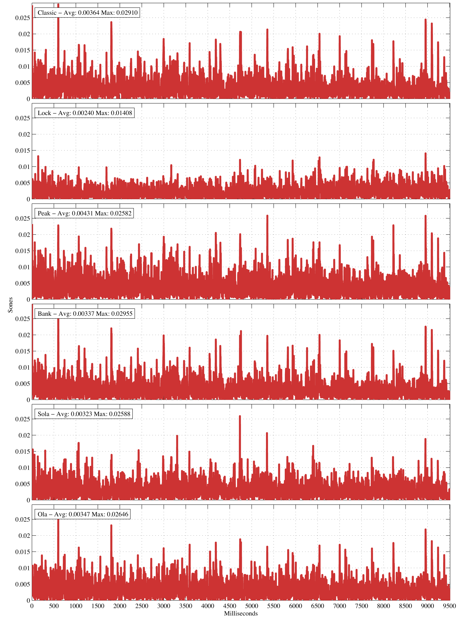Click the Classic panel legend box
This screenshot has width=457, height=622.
tap(87, 13)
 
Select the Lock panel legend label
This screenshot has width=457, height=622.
tap(85, 113)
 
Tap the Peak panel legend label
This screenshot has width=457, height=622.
tap(84, 213)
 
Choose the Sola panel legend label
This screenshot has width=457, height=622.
tap(84, 414)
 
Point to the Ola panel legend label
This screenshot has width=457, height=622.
tap(83, 514)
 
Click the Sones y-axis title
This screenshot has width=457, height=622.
tap(10, 305)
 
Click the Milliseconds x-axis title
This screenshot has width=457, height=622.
tap(241, 613)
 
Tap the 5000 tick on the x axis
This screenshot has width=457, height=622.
tap(251, 606)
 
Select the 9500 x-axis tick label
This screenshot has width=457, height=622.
tap(449, 606)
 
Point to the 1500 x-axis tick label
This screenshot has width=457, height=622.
tap(98, 606)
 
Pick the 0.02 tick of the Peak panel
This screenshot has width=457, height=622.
tap(24, 235)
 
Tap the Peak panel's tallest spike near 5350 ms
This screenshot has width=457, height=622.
tap(267, 216)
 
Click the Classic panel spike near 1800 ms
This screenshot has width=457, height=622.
tap(111, 22)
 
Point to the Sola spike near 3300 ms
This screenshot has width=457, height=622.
tap(177, 436)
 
